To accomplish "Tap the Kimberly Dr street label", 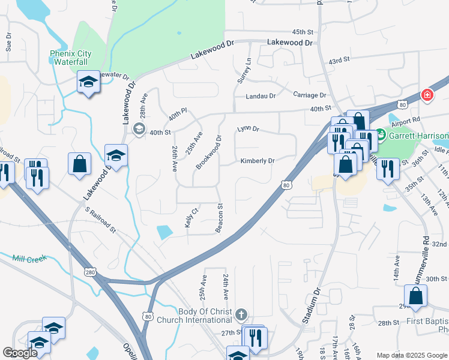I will click(x=257, y=161).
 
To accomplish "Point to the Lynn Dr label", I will click(x=247, y=128).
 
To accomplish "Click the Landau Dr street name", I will click(x=260, y=96).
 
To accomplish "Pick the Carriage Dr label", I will click(x=309, y=95).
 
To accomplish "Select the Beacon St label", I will click(x=220, y=218).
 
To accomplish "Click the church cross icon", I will click(x=241, y=314).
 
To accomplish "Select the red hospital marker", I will click(x=427, y=94).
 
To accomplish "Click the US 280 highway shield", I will click(x=91, y=272).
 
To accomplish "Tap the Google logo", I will click(x=20, y=353).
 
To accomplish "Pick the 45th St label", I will click(x=303, y=31).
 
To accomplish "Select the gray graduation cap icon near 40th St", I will click(x=139, y=128).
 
